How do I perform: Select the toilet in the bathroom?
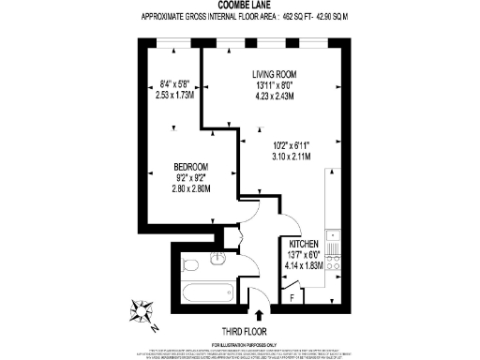187,263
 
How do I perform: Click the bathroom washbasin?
218,260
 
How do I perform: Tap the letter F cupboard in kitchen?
292,298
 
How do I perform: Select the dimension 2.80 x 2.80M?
191,189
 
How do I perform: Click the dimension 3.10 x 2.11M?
292,156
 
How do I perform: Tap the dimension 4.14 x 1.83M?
301,265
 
